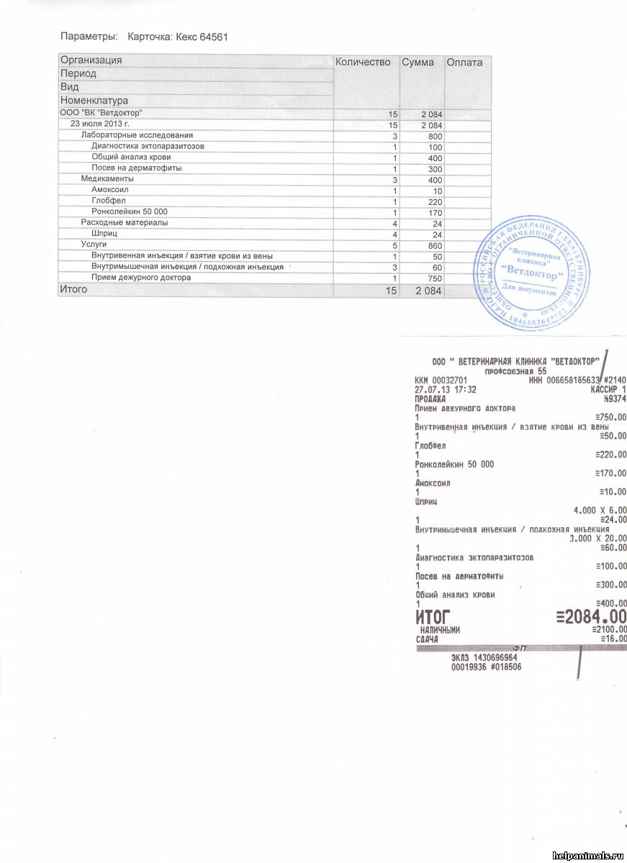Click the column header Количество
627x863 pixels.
[363, 63]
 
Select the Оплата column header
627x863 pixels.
[464, 63]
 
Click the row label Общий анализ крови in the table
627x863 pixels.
[130, 157]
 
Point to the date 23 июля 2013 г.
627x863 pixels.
[99, 124]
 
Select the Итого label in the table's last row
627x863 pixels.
[73, 289]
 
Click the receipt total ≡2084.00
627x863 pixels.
[591, 616]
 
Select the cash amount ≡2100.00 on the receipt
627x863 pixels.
[611, 630]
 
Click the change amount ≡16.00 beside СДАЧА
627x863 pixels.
[613, 639]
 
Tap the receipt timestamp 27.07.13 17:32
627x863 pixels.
[446, 389]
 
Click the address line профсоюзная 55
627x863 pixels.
[517, 371]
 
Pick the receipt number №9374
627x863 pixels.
[614, 398]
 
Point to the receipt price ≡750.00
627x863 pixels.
[611, 417]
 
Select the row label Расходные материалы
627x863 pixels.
[124, 222]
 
